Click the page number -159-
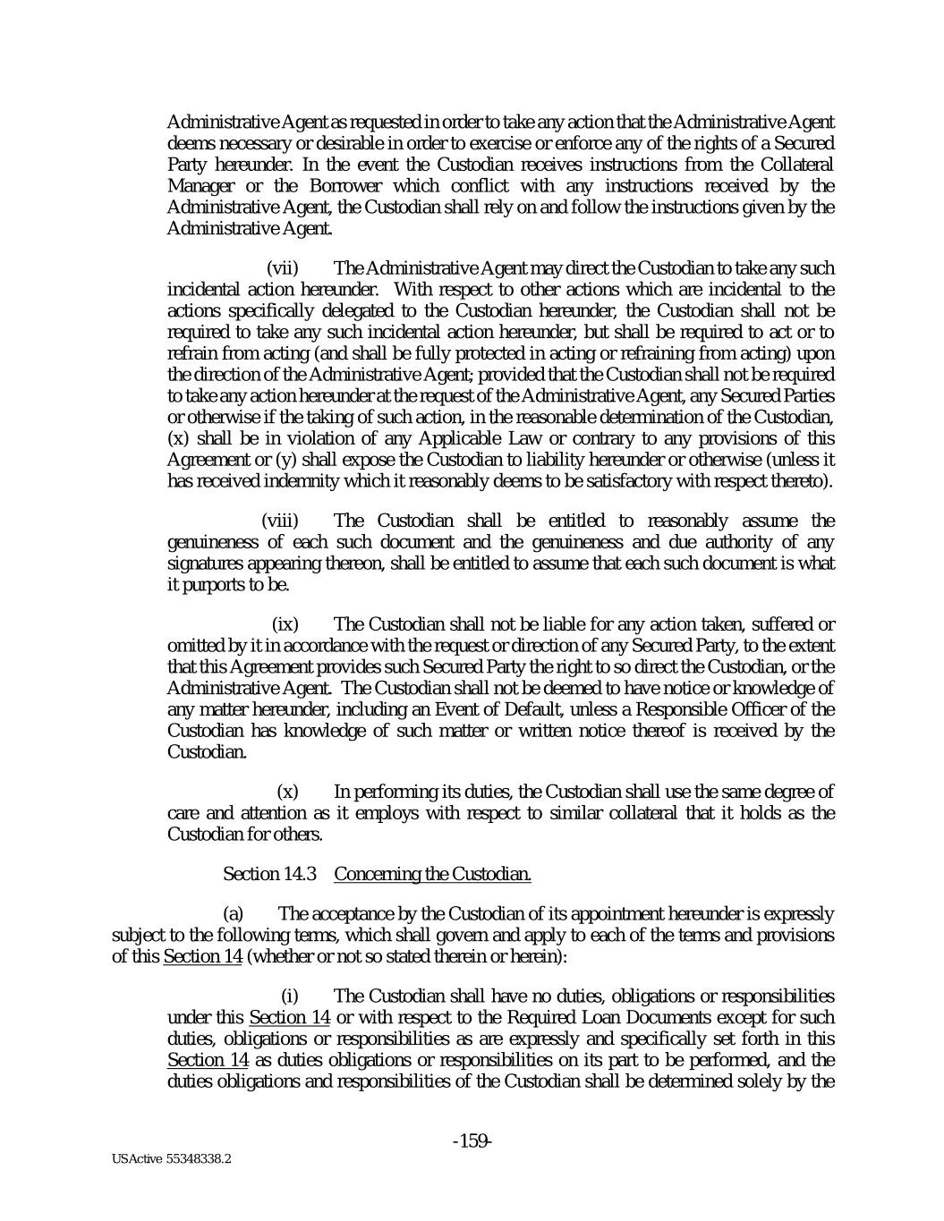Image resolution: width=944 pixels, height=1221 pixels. (472, 1140)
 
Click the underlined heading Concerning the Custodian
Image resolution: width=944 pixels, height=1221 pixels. (432, 874)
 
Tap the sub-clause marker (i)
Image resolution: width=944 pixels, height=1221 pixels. (289, 996)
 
